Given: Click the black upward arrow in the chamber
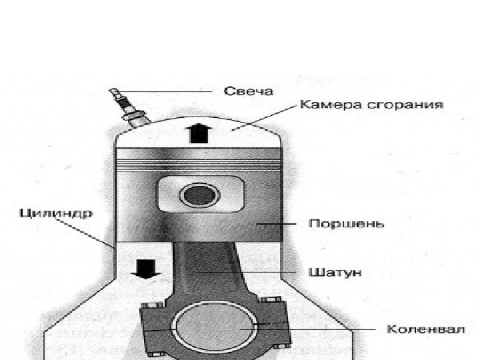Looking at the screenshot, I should pos(198,133).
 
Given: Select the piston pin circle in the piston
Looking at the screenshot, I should pos(198,196).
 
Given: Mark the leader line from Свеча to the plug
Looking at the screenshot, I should pos(167,91).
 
